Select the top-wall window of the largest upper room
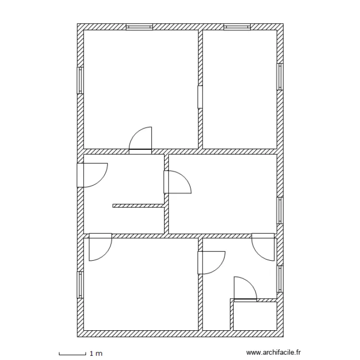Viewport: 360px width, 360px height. click(139, 27)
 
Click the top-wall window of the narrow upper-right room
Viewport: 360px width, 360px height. click(237, 27)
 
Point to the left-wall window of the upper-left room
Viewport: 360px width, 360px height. click(81, 80)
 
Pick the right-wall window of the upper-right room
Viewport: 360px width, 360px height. click(279, 77)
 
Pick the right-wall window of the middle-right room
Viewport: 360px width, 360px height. click(279, 210)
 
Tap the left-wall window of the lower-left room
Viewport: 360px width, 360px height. click(81, 285)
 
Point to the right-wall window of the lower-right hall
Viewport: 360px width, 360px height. click(279, 278)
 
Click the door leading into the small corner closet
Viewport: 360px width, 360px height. click(245, 289)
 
